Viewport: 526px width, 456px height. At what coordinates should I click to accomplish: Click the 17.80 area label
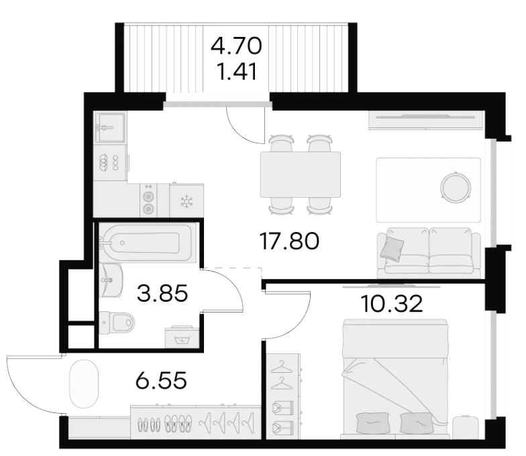[289, 241]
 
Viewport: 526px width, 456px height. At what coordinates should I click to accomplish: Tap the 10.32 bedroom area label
[391, 304]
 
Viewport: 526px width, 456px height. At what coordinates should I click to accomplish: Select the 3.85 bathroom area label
[162, 293]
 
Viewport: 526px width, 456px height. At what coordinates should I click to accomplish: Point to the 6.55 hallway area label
[161, 380]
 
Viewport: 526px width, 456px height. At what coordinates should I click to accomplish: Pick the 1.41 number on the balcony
[237, 71]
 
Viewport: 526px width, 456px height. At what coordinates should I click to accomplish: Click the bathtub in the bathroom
[148, 243]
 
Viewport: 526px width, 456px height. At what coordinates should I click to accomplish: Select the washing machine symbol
[182, 337]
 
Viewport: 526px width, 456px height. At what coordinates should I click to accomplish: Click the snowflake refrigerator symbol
[187, 202]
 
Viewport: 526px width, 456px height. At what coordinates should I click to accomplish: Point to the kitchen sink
[110, 127]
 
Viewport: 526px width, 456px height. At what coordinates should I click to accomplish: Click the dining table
[301, 174]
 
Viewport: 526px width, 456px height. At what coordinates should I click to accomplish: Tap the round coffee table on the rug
[456, 187]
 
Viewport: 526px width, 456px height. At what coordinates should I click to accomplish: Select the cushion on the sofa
[392, 248]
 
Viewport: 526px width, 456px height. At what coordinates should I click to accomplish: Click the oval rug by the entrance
[84, 384]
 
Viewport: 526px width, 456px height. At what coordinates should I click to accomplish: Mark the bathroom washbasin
[111, 280]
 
